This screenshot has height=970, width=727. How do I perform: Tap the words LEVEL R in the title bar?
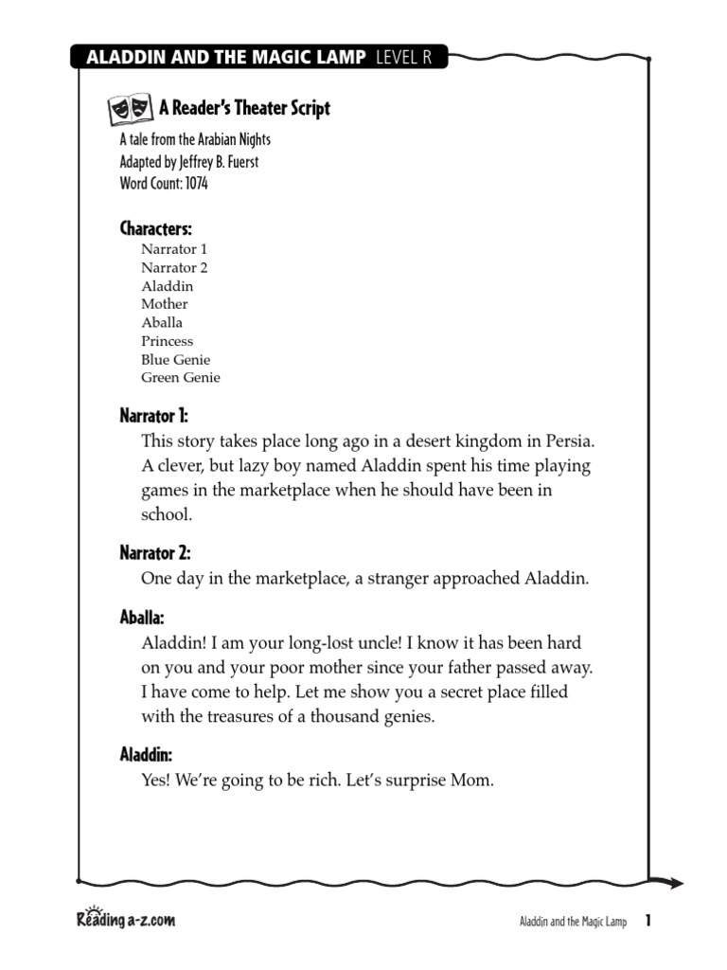403,59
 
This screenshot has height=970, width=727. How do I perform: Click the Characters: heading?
155,228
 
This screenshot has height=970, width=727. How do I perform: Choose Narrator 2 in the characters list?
174,267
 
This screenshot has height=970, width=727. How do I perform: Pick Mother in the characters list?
165,304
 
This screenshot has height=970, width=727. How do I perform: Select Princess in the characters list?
167,341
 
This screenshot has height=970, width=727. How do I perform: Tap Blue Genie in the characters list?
176,359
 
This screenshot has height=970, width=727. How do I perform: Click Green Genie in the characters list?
181,377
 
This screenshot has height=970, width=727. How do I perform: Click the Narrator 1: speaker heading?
154,416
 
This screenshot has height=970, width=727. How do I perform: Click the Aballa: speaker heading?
142,618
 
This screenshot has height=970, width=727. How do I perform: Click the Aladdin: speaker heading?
146,755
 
